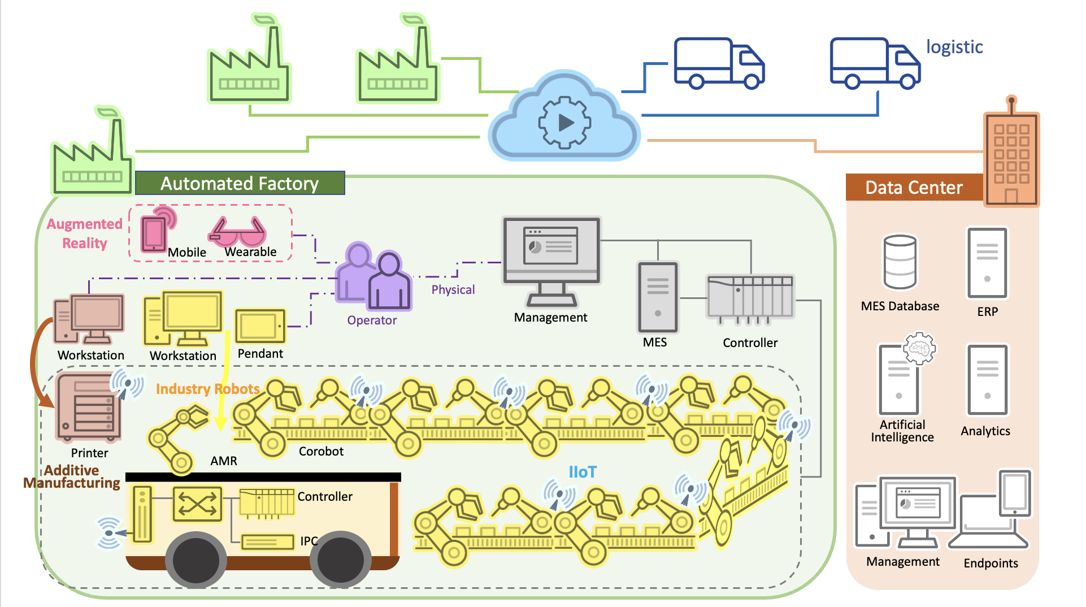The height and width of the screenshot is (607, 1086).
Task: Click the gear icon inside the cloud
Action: point(564,122)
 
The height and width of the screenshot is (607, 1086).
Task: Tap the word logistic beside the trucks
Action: point(954,47)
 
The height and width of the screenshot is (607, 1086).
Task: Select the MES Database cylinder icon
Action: point(900,262)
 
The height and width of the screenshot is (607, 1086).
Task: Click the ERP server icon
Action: point(987,263)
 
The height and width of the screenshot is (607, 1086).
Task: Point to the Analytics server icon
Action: point(987,380)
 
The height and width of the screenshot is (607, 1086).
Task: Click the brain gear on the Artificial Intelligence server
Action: point(919,348)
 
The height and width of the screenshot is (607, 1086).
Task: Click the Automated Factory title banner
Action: point(240,183)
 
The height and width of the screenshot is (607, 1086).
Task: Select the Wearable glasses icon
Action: point(238,232)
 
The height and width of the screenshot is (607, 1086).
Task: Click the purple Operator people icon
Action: point(373,277)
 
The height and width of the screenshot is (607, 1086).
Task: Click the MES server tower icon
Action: point(657,297)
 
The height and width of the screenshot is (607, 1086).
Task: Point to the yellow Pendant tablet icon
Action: point(260,326)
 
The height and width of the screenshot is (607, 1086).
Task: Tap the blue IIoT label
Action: point(582,472)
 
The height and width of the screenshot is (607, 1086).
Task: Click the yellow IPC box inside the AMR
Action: point(267,541)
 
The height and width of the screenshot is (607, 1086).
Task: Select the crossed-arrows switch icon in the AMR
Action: point(197,504)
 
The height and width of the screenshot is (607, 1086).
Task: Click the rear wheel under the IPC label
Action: point(341,560)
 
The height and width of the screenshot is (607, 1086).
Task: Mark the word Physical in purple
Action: point(453,290)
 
